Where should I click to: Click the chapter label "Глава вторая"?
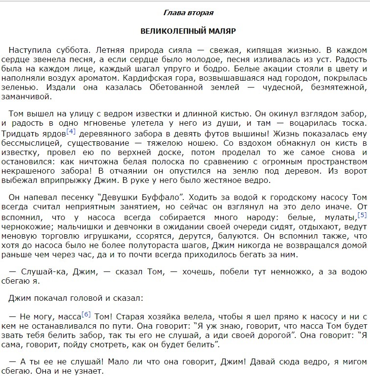click(x=188, y=12)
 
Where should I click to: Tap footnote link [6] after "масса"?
click(x=86, y=314)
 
